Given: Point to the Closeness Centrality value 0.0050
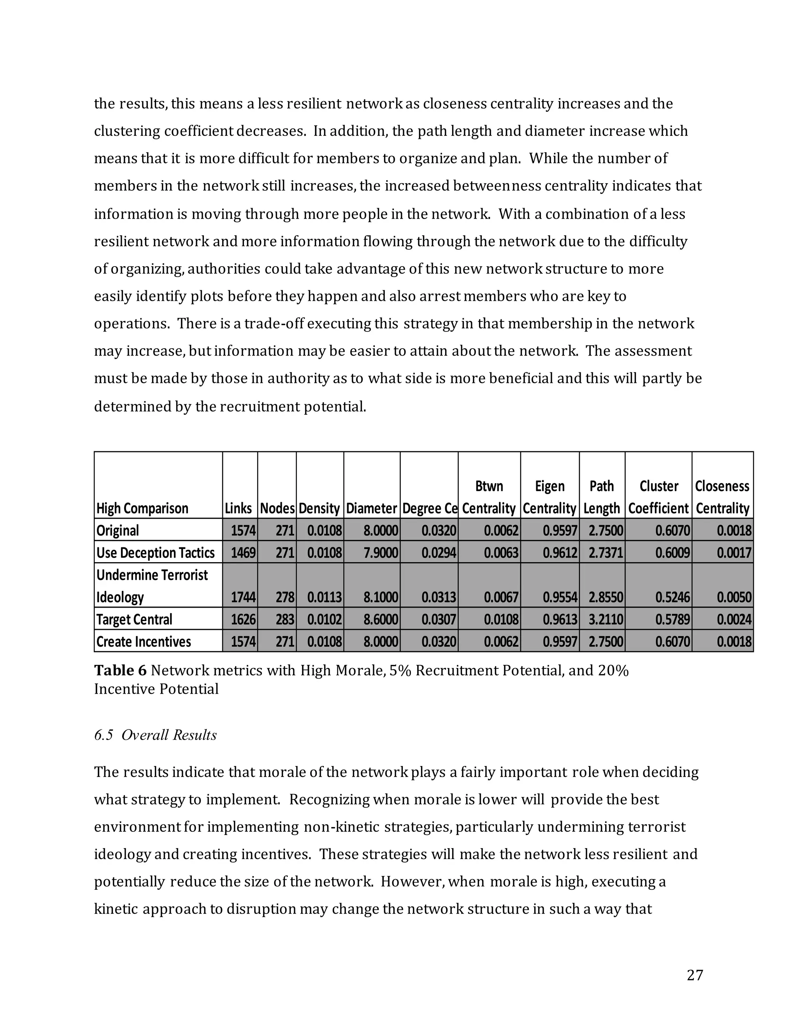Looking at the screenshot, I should click(734, 597).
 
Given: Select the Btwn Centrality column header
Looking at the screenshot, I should click(489, 497).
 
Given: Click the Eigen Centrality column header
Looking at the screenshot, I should click(549, 497).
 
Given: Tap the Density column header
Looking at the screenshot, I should click(319, 508).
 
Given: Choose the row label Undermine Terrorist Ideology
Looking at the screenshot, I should click(152, 586).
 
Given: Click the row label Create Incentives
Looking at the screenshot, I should click(144, 642).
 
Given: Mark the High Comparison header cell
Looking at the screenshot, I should click(142, 508).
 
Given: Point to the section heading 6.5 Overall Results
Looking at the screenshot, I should click(155, 735).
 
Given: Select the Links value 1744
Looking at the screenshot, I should click(243, 597).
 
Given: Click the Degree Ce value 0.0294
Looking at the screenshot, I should click(439, 552).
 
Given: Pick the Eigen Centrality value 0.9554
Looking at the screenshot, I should click(560, 597).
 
